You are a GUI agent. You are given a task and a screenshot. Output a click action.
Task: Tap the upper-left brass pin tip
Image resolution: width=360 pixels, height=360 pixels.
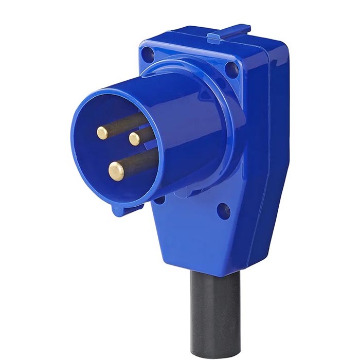(102, 133)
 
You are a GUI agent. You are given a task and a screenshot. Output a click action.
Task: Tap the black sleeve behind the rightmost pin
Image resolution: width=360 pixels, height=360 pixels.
(146, 134)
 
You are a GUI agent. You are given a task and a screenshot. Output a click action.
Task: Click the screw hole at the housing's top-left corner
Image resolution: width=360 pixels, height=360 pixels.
(149, 52)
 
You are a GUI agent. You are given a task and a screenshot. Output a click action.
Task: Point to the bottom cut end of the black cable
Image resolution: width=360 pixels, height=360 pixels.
(215, 350)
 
